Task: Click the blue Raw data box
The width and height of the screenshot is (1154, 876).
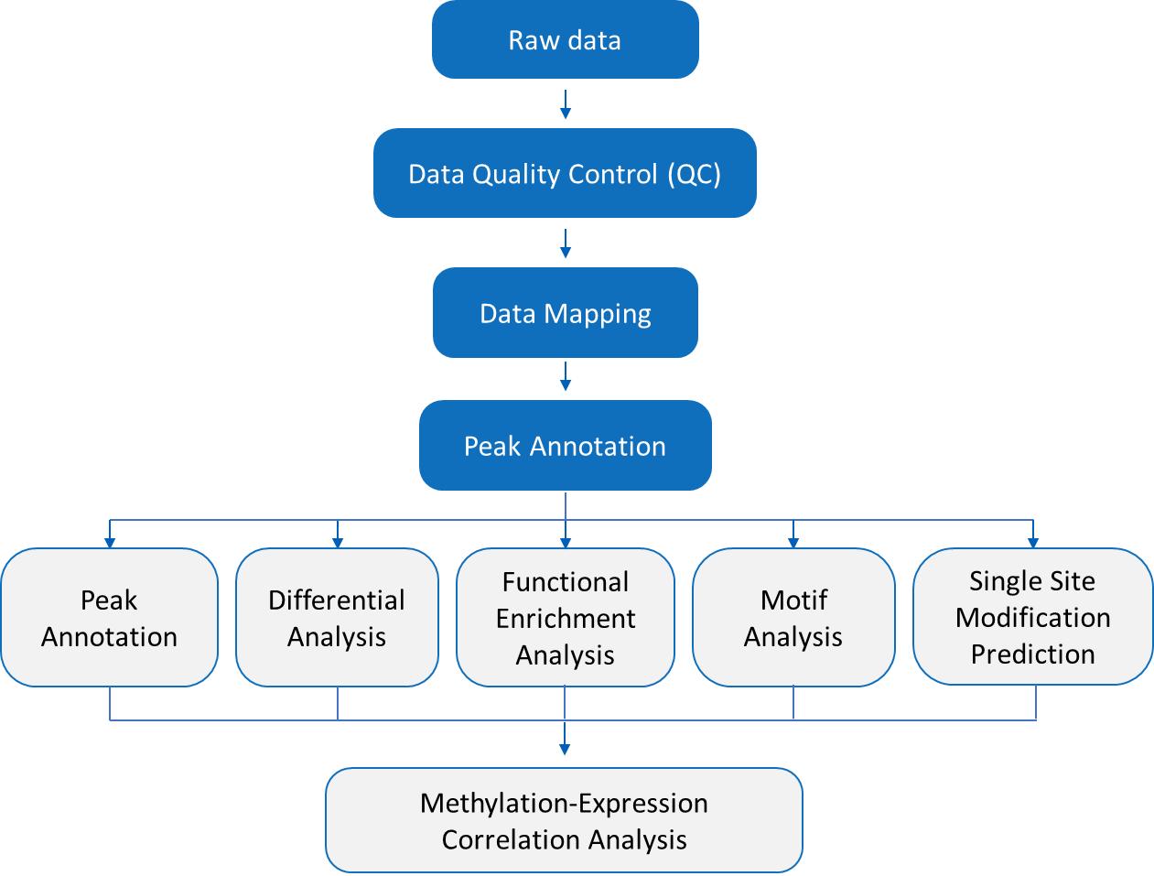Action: pyautogui.click(x=565, y=39)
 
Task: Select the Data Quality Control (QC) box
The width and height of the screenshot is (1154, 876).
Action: pyautogui.click(x=565, y=173)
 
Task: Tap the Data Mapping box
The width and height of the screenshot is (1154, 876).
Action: pyautogui.click(x=565, y=313)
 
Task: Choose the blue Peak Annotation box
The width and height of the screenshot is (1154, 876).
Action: pyautogui.click(x=565, y=446)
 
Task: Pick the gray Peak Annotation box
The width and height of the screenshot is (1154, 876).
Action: pyautogui.click(x=109, y=618)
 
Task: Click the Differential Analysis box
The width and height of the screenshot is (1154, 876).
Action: pyautogui.click(x=337, y=618)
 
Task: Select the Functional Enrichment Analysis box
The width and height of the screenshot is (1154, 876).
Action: pyautogui.click(x=565, y=618)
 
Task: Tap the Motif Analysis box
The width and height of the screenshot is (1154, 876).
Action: pyautogui.click(x=793, y=618)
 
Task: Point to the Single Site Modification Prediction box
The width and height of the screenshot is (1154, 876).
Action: pyautogui.click(x=1032, y=617)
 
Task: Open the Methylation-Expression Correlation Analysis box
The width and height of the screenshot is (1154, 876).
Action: pyautogui.click(x=564, y=820)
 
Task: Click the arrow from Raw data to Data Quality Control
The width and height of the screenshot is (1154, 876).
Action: pyautogui.click(x=566, y=103)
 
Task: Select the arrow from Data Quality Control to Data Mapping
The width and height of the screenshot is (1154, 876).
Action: pyautogui.click(x=566, y=243)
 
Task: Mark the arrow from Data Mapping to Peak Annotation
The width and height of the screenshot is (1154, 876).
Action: pyautogui.click(x=566, y=376)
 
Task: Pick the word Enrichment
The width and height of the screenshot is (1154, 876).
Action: pyautogui.click(x=566, y=619)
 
